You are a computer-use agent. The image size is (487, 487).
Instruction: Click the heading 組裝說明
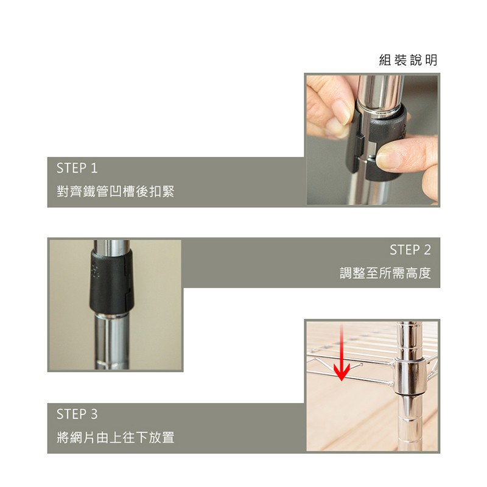(408, 60)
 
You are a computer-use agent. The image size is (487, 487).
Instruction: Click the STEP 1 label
(77, 168)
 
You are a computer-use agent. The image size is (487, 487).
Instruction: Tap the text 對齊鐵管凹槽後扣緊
(116, 191)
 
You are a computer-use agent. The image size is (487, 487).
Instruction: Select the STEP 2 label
(410, 250)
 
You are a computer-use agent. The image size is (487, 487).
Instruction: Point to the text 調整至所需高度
(385, 273)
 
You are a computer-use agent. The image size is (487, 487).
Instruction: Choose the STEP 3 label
(77, 414)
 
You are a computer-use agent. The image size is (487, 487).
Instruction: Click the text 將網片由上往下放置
(116, 437)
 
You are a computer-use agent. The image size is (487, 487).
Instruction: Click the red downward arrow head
(342, 371)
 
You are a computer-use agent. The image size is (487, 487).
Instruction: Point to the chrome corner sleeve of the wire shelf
(408, 376)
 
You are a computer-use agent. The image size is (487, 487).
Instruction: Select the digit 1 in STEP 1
(94, 168)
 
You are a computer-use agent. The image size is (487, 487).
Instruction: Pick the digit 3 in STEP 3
(94, 414)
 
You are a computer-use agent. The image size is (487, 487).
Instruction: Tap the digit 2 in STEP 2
(427, 250)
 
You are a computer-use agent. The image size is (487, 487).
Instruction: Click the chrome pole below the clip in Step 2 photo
(112, 342)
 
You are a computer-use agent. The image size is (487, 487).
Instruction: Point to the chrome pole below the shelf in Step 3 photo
(410, 422)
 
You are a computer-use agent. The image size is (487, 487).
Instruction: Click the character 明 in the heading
(432, 60)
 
